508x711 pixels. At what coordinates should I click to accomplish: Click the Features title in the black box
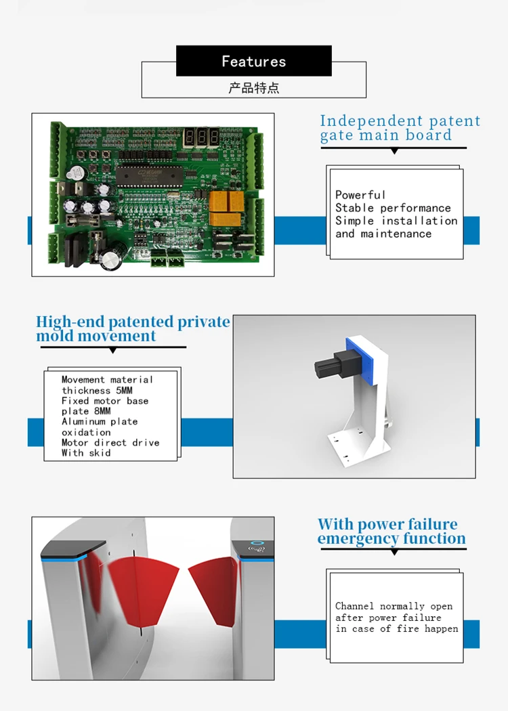pyautogui.click(x=253, y=62)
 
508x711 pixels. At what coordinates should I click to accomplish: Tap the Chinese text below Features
pyautogui.click(x=253, y=88)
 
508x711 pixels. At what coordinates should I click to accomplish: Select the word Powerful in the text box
pyautogui.click(x=360, y=195)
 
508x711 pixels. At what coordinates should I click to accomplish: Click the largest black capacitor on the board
pyautogui.click(x=110, y=257)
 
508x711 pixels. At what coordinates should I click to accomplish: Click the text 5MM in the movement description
pyautogui.click(x=123, y=390)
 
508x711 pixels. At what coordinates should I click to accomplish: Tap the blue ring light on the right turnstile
pyautogui.click(x=256, y=543)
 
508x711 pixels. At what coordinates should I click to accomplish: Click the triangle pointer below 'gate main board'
pyautogui.click(x=394, y=151)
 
